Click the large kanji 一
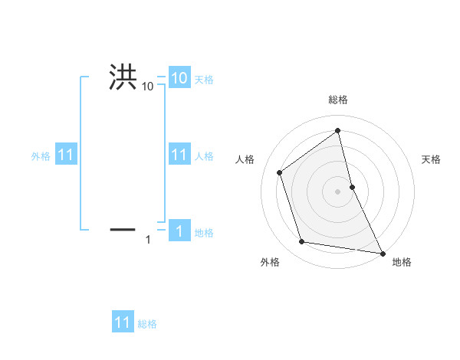(x=123, y=228)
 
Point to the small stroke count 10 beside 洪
(x=147, y=87)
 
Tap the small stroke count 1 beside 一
(x=148, y=241)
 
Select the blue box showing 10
(x=179, y=78)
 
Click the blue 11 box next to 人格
(x=179, y=155)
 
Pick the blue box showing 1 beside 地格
(x=179, y=231)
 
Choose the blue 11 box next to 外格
(x=65, y=155)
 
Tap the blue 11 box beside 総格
(x=123, y=322)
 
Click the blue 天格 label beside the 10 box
(x=204, y=79)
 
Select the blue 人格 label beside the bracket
(x=204, y=155)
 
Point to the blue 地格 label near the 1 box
(x=204, y=232)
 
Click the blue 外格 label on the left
(x=41, y=155)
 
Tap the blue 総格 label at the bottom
(x=147, y=323)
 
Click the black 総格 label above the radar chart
(x=338, y=100)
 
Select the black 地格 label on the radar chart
(x=402, y=262)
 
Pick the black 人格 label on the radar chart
(x=245, y=159)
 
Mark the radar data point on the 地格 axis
(x=382, y=253)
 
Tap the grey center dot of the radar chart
(x=338, y=191)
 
